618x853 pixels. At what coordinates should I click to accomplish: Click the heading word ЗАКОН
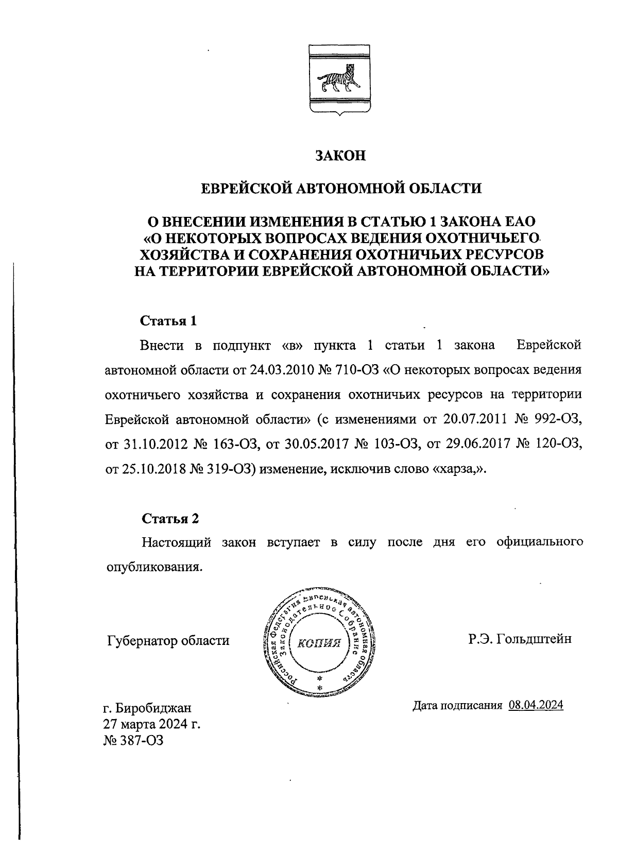click(340, 156)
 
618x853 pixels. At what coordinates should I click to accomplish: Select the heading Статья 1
click(169, 321)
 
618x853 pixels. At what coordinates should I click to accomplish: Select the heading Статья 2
click(170, 519)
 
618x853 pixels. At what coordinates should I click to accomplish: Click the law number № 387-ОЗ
click(134, 741)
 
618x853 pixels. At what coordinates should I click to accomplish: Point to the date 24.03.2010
click(281, 370)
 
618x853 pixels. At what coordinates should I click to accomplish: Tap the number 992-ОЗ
click(561, 420)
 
